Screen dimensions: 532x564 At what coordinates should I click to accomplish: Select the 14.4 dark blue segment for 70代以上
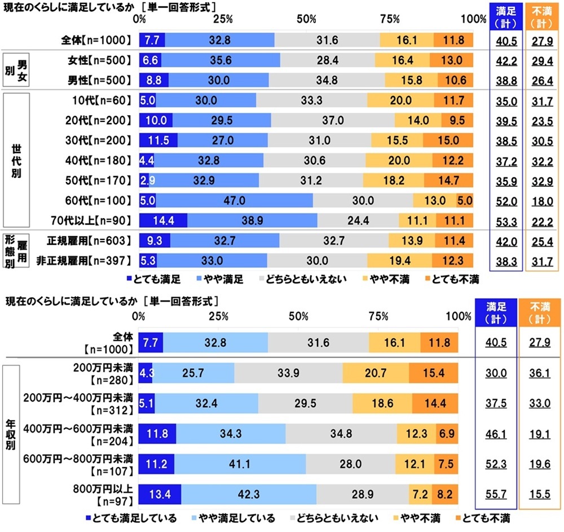coord(163,220)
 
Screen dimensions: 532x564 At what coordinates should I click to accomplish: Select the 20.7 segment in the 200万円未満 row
coord(375,373)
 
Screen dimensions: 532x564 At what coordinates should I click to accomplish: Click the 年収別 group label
coord(11,434)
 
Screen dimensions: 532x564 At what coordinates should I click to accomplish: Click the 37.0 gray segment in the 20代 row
coord(332,120)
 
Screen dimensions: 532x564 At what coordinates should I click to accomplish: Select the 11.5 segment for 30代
coord(158,141)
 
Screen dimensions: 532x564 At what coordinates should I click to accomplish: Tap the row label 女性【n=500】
coord(96,60)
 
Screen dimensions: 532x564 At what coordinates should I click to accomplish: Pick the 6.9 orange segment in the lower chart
coord(447,434)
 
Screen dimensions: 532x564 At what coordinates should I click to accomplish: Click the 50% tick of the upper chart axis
coord(306,19)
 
